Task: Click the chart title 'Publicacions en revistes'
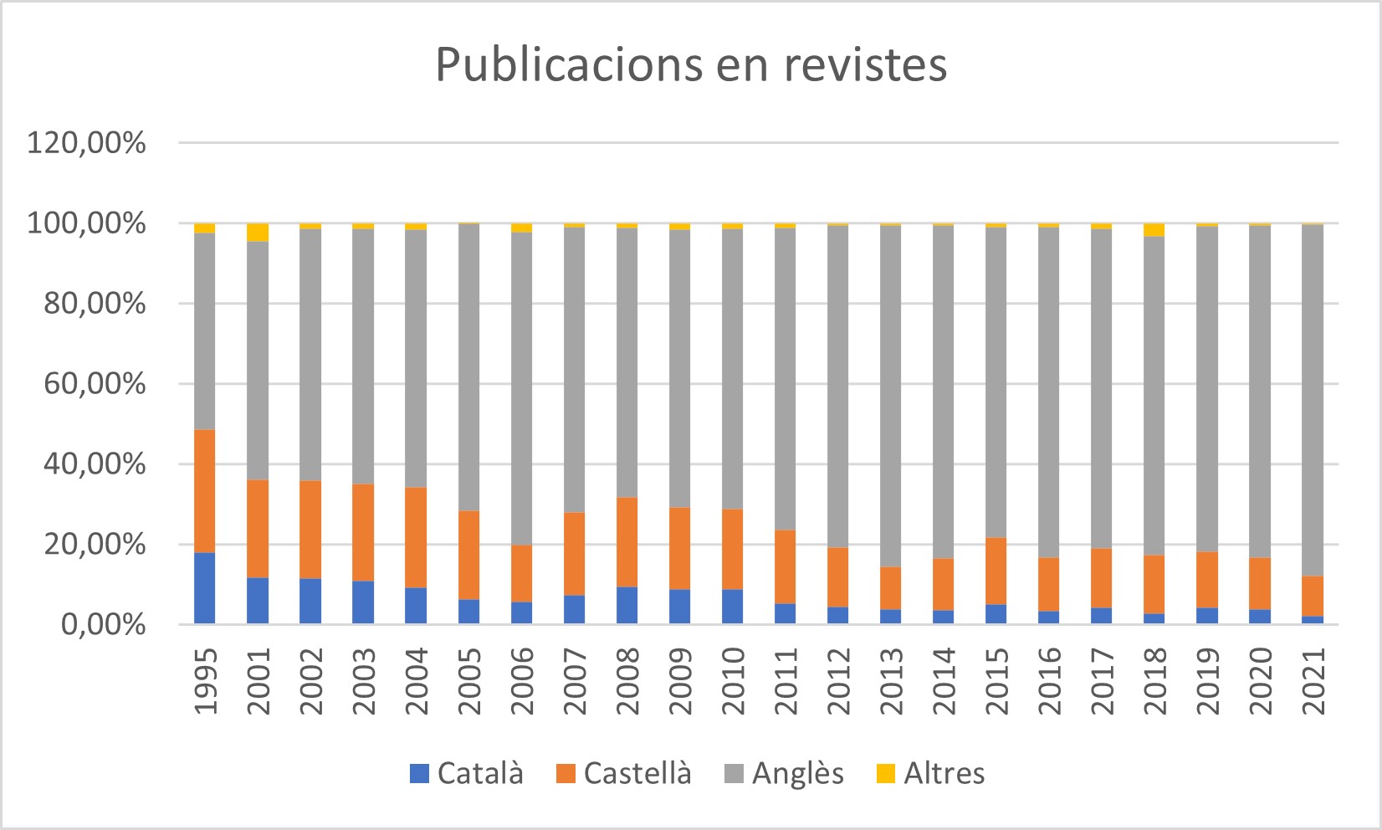[691, 64]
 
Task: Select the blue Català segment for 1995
[205, 588]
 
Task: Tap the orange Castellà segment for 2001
[258, 529]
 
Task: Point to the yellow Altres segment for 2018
[1154, 230]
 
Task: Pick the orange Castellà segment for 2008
[627, 542]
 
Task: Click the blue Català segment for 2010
[733, 607]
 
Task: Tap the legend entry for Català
[467, 773]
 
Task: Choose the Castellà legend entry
[624, 773]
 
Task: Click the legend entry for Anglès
[784, 773]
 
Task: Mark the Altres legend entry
[930, 773]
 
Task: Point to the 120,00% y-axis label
[87, 143]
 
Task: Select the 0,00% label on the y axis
[103, 625]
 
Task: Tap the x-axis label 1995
[205, 681]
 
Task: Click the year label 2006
[521, 681]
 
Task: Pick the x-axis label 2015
[996, 681]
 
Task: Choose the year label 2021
[1313, 681]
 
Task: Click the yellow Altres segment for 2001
[258, 233]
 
